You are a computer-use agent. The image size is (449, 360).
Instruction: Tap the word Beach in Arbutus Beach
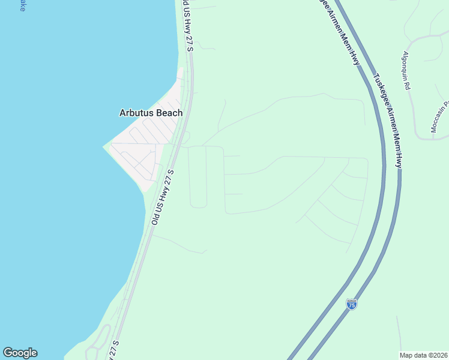169,113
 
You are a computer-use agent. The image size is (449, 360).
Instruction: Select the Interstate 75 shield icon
352,304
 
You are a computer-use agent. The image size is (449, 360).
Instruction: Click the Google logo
20,353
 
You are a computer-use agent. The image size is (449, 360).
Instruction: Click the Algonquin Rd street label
406,70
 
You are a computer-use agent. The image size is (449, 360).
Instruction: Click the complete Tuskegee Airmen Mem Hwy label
388,120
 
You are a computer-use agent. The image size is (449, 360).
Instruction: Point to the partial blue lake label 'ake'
22,6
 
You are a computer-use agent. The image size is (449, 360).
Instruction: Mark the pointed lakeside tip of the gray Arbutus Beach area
105,145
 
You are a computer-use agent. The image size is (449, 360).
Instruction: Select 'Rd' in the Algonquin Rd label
408,85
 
